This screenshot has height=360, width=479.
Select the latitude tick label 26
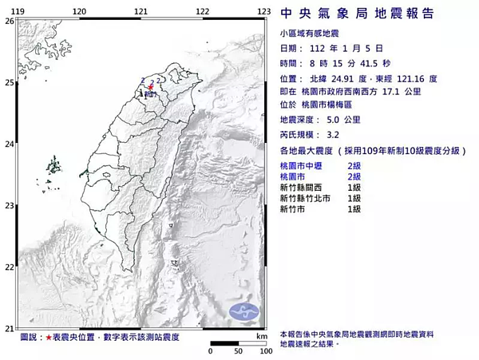click(9, 21)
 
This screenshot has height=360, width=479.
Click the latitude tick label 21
click(9, 328)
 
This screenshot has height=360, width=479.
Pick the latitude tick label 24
click(9, 144)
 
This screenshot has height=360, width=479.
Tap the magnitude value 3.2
click(332, 135)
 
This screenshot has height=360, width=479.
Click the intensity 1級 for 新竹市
click(354, 208)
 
